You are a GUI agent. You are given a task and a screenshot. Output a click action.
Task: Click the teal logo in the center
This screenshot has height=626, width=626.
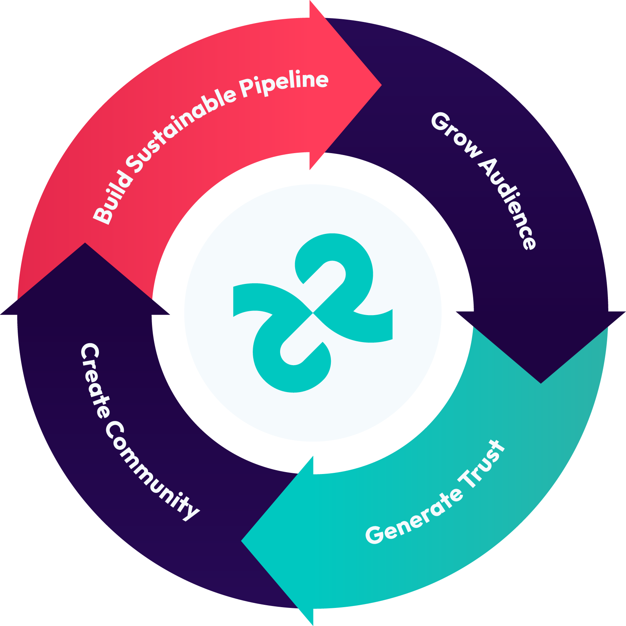pyautogui.click(x=313, y=313)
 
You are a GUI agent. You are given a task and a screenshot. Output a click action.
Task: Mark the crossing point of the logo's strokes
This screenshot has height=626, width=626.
pyautogui.click(x=313, y=313)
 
